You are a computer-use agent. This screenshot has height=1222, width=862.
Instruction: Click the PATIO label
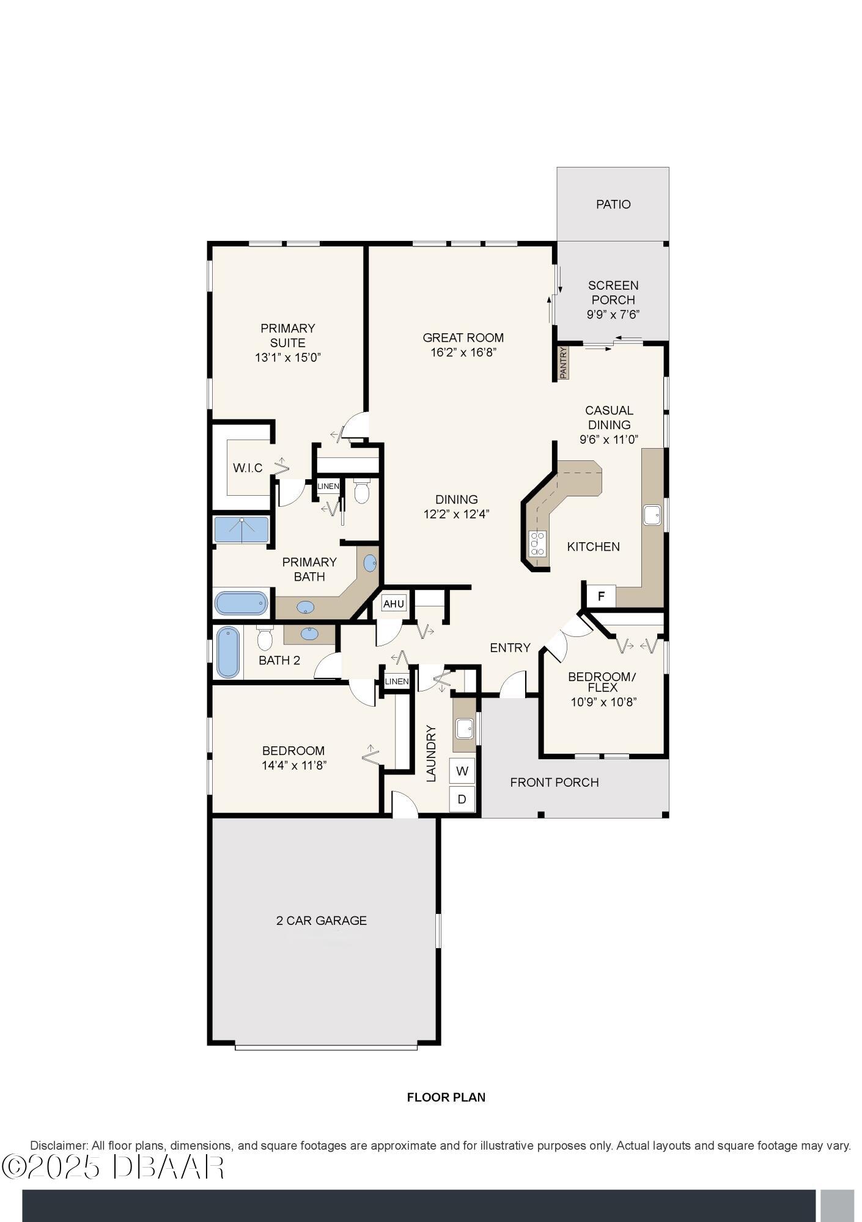(x=613, y=204)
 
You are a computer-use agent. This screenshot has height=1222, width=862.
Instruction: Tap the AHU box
(x=394, y=604)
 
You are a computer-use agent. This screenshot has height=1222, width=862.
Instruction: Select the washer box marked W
(x=462, y=771)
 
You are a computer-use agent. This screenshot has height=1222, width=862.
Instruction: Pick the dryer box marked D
(x=462, y=799)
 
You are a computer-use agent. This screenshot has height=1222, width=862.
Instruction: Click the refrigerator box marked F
(x=602, y=596)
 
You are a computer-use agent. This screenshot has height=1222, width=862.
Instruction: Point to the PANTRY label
(x=564, y=362)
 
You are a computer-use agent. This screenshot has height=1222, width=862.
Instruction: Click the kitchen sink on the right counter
(x=652, y=515)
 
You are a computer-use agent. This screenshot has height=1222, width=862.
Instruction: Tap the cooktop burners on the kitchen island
(x=537, y=543)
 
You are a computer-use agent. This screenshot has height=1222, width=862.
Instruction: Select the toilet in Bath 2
(x=264, y=638)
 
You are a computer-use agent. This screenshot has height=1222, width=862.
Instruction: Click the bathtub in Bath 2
(x=229, y=652)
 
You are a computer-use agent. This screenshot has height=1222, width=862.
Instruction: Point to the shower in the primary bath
(x=241, y=530)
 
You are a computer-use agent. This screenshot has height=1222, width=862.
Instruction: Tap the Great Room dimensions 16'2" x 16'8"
(x=463, y=352)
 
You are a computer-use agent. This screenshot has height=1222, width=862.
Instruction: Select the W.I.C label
(x=248, y=468)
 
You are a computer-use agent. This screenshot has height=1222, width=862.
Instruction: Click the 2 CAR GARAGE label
(x=322, y=921)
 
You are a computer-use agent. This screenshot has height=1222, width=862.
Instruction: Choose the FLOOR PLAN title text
(x=446, y=1097)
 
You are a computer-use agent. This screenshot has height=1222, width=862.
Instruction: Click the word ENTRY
(x=510, y=648)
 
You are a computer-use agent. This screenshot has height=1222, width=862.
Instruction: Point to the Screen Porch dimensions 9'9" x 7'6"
(x=613, y=315)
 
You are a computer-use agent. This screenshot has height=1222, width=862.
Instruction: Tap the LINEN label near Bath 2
(x=397, y=682)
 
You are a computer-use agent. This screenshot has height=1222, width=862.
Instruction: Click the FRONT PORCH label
(x=554, y=782)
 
